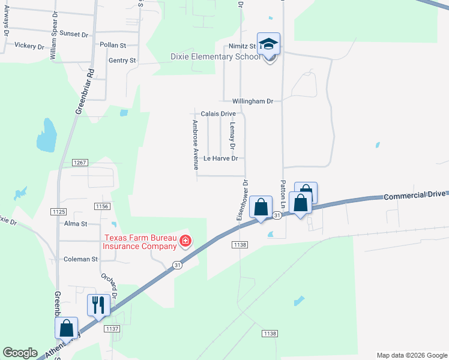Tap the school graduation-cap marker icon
tap(269, 43)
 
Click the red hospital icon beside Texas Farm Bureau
tap(185, 241)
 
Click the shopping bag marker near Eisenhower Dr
tap(261, 208)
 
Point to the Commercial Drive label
tap(415, 195)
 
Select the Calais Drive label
tap(218, 113)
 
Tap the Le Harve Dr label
tap(221, 158)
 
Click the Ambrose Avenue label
tap(195, 145)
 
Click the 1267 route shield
tap(80, 163)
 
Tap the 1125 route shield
tap(59, 212)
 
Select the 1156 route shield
tap(102, 206)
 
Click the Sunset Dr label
tap(74, 34)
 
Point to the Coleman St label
tap(80, 259)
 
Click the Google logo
tap(20, 353)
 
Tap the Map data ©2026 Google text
tap(411, 355)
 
